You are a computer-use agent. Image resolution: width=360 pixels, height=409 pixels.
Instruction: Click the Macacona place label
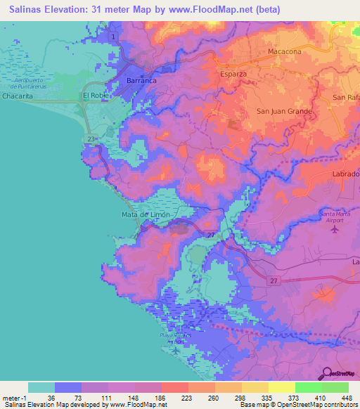(x=285, y=52)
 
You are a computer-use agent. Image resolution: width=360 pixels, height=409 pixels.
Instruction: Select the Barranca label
(x=141, y=82)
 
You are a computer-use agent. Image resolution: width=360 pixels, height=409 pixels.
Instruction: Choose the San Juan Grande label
(x=283, y=111)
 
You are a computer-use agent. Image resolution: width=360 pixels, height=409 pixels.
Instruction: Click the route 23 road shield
(x=92, y=140)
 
